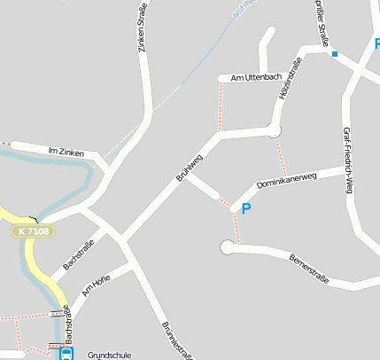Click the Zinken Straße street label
tap(143, 27)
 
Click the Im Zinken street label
tap(66, 153)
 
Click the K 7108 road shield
tap(34, 231)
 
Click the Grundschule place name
tap(109, 355)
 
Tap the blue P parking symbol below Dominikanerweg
tap(246, 209)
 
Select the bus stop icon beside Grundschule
tap(66, 354)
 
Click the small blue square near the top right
tap(335, 54)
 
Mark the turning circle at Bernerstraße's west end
tap(228, 248)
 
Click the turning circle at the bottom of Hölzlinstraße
tap(275, 131)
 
